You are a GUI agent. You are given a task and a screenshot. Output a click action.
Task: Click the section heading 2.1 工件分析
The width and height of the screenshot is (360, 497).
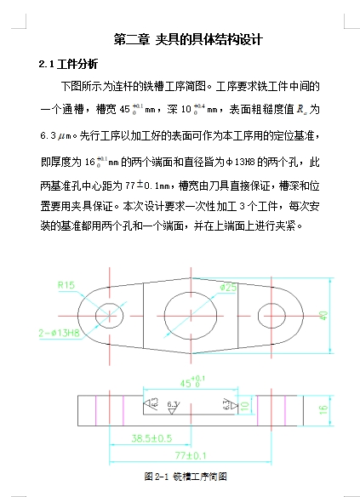pos(69,64)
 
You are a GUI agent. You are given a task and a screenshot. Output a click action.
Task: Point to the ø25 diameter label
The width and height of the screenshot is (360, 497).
pos(227,288)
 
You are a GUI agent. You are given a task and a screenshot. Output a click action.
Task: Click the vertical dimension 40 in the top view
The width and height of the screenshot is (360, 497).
pos(323,314)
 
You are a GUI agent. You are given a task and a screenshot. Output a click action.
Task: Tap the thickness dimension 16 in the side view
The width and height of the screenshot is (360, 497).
pos(323,409)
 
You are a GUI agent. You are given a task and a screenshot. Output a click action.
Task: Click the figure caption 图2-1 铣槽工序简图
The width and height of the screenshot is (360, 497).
pos(186,476)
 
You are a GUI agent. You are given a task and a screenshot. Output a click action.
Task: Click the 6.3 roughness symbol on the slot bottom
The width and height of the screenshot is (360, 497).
pos(173,403)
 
